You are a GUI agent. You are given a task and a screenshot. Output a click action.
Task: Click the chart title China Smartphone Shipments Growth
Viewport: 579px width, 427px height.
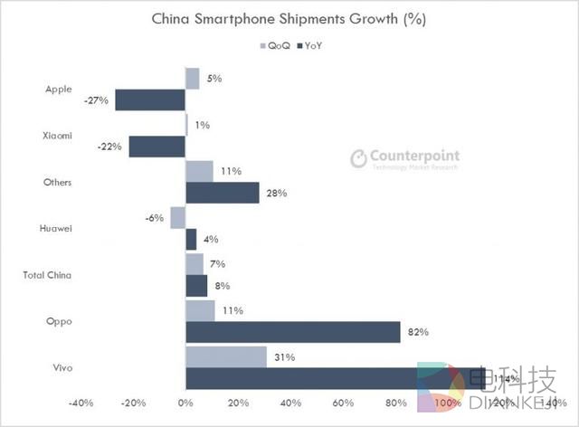coord(289,18)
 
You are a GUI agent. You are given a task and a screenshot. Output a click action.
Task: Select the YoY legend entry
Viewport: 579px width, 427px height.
coord(309,44)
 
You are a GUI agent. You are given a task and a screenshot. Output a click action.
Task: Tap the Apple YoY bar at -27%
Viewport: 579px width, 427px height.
coord(149,100)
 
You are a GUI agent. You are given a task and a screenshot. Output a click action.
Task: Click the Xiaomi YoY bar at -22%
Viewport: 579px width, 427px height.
coord(157,146)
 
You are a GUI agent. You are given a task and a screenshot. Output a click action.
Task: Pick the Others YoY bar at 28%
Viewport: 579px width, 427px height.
coord(222,193)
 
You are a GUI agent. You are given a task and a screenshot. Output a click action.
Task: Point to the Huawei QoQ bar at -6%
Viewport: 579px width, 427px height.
coord(177,217)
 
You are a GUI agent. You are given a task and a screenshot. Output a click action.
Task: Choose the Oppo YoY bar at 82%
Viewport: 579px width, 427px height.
coord(292,332)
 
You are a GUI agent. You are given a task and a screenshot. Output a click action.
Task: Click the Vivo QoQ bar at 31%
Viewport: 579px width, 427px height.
coord(225,356)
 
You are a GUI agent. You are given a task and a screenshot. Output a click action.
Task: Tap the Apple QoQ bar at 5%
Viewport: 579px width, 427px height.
coord(192,78)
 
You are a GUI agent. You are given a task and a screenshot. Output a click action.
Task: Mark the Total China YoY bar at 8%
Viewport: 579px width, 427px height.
coord(196,286)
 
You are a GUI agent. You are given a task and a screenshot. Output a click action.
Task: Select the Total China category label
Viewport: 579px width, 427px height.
coord(47,275)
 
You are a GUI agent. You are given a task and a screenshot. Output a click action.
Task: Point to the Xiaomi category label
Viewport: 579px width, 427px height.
coord(57,136)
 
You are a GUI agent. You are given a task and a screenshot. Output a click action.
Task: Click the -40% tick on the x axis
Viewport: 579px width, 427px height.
coord(81,403)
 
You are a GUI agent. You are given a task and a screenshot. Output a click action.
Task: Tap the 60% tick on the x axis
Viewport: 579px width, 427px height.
coord(343,403)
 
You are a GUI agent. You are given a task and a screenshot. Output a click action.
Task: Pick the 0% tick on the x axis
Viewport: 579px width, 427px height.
coord(185,403)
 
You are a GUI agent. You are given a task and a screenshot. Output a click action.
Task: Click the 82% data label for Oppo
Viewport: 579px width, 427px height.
coord(417,333)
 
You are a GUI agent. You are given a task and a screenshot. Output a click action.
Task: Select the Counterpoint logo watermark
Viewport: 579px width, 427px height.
coord(403,158)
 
